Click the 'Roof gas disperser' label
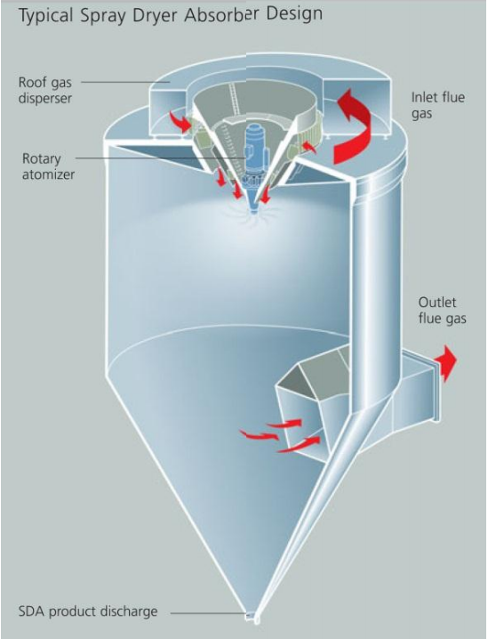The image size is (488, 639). [x=45, y=90]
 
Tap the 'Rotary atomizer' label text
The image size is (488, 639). [x=48, y=166]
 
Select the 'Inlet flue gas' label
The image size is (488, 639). [x=437, y=105]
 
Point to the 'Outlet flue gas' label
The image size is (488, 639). [x=442, y=311]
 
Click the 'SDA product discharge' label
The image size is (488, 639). [x=88, y=611]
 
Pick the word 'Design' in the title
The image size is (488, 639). [x=295, y=14]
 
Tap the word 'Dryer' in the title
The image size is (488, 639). [x=156, y=17]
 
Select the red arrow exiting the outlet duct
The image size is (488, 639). [x=446, y=363]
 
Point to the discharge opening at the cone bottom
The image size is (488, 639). [x=252, y=617]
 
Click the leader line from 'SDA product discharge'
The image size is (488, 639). [x=208, y=612]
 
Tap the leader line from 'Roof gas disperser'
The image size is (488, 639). [x=126, y=82]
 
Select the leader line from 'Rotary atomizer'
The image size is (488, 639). [x=161, y=158]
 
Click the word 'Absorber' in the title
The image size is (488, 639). [x=221, y=15]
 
